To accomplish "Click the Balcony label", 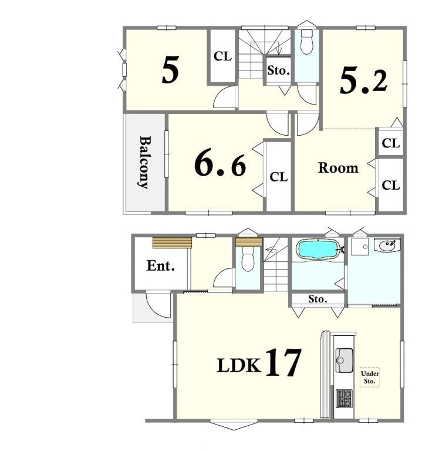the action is [x=144, y=163].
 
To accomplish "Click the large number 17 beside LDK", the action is [x=283, y=362].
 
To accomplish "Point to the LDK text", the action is [x=239, y=366].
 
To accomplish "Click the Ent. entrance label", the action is [x=160, y=266].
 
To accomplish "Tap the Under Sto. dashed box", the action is [x=370, y=377].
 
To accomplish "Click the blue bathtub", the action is [x=318, y=249].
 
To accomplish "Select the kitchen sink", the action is [x=344, y=360].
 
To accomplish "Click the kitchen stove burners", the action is [x=344, y=398].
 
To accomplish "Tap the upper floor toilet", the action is [x=306, y=42].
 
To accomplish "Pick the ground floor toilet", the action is [x=248, y=259].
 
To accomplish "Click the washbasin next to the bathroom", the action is [x=387, y=245].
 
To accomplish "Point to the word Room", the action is [x=338, y=168].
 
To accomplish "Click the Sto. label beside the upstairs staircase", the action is [x=278, y=70].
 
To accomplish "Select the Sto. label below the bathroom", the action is [x=318, y=299].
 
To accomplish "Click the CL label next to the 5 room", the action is [x=222, y=56].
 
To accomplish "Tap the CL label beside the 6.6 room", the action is [x=279, y=177].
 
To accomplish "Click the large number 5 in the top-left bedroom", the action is [x=170, y=70].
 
